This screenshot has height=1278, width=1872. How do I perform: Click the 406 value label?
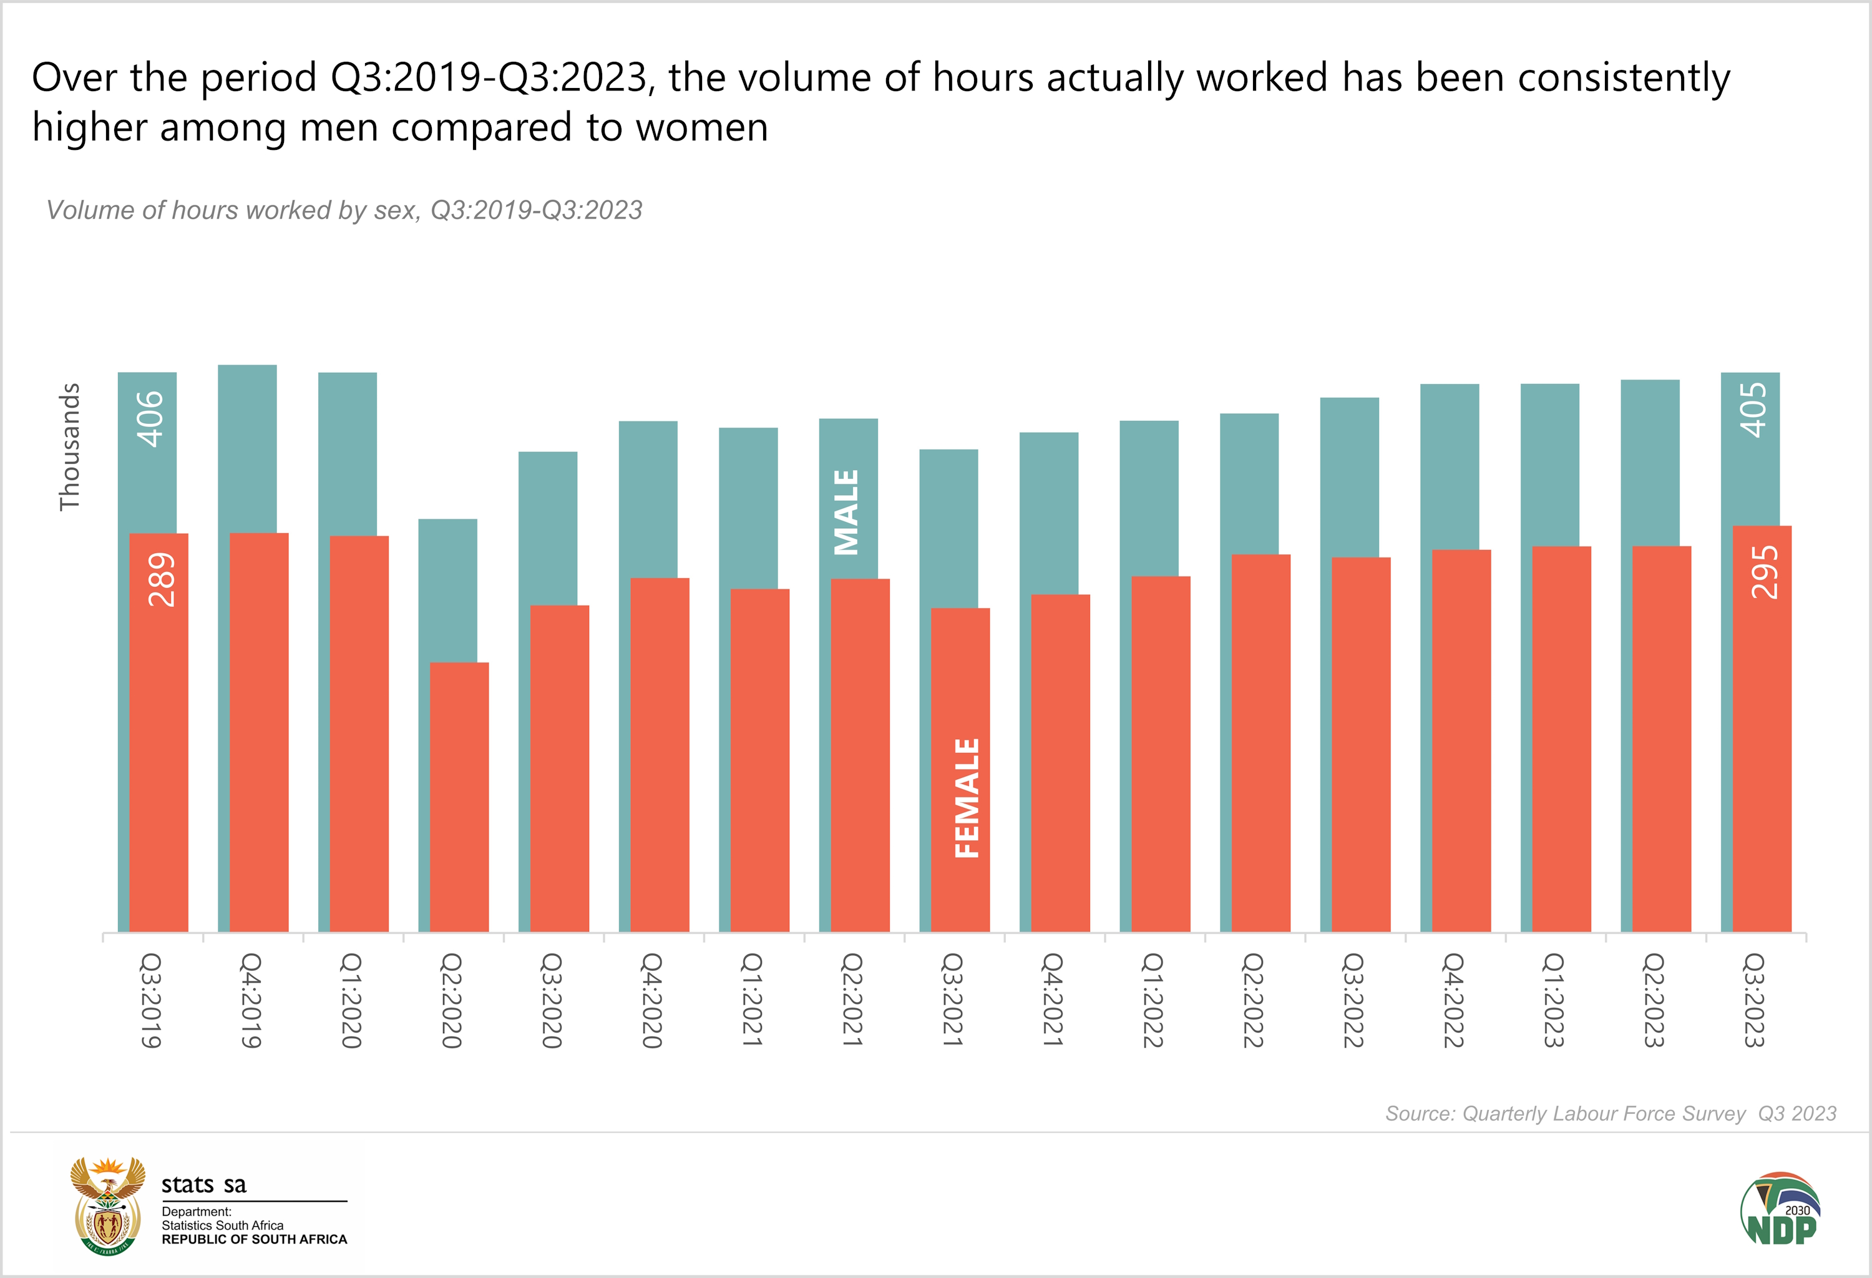(150, 418)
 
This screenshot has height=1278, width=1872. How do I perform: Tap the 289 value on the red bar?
(161, 579)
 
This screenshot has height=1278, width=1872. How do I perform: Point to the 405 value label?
(1753, 410)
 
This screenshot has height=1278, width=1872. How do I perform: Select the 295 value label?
(1764, 571)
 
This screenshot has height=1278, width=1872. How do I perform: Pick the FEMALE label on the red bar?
(967, 798)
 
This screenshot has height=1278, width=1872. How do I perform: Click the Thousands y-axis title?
(70, 446)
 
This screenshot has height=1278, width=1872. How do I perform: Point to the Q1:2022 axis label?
(1153, 1000)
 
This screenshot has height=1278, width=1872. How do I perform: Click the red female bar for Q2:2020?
(459, 798)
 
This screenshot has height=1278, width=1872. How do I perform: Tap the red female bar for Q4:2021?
(1060, 765)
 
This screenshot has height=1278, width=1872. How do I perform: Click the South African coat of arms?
(108, 1206)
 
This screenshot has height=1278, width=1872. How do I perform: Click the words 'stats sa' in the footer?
(204, 1184)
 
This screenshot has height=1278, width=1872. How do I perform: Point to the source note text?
(1610, 1114)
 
